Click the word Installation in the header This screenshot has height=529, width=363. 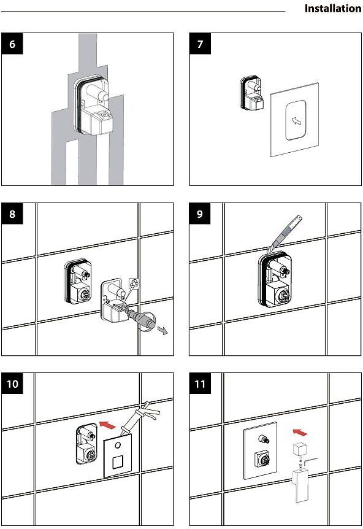(333, 9)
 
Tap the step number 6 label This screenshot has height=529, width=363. (12, 44)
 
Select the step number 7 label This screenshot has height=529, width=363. (201, 44)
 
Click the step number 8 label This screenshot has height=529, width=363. (12, 214)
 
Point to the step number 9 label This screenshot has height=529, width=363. (200, 214)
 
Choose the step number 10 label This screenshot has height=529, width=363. (12, 384)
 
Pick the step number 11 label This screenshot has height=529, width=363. (200, 384)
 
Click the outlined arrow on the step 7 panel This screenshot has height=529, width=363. (296, 121)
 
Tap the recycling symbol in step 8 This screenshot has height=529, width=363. (134, 283)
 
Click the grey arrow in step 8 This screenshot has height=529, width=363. (163, 331)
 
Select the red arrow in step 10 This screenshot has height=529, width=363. (107, 425)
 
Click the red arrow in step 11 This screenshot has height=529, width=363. (300, 432)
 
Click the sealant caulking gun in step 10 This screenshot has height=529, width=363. (139, 419)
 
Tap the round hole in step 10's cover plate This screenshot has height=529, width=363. (118, 445)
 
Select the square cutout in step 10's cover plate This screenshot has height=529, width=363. (118, 461)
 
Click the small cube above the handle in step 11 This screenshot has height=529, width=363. (299, 449)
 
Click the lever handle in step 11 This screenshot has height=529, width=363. (300, 485)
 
